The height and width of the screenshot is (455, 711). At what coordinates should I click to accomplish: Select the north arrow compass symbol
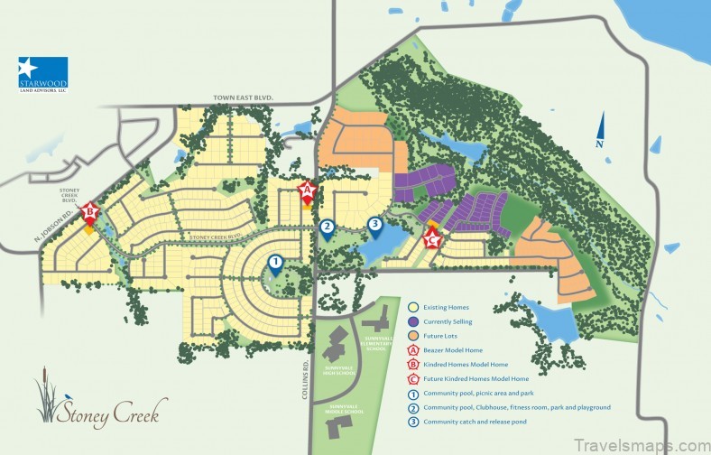tap(600, 132)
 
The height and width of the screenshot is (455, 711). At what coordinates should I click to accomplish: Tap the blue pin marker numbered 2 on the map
tap(328, 227)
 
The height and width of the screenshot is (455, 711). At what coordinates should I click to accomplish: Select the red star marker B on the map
tap(89, 214)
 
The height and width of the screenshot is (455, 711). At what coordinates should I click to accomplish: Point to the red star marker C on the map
tap(432, 239)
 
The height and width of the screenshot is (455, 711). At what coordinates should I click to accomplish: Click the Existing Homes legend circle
tap(414, 308)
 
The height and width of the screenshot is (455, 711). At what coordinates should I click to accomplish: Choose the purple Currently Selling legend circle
tap(414, 321)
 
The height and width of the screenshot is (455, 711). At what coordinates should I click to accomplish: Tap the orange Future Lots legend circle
tap(414, 336)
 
